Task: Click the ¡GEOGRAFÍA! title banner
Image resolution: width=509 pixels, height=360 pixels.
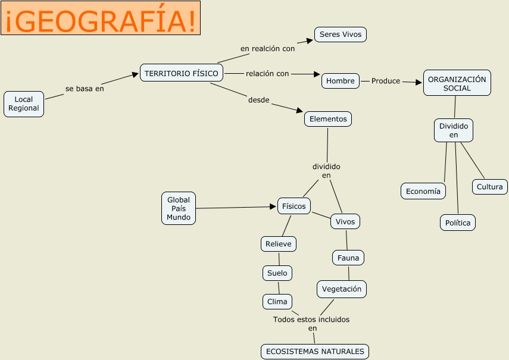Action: tap(100, 18)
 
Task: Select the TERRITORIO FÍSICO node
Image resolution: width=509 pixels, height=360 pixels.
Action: tap(182, 73)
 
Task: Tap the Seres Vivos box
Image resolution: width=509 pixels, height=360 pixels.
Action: tap(341, 35)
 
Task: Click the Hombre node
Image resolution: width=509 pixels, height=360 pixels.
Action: tap(341, 81)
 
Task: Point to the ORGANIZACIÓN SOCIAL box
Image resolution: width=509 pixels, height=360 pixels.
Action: tap(457, 83)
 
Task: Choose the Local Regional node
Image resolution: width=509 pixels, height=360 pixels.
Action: tap(24, 104)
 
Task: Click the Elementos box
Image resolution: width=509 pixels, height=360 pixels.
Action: tap(328, 119)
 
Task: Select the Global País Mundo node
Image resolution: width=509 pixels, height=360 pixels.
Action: tap(179, 209)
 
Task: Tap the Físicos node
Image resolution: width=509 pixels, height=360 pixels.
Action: tap(294, 206)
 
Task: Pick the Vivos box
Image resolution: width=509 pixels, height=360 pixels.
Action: tap(345, 222)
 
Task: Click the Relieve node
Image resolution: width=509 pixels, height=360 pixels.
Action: tap(279, 244)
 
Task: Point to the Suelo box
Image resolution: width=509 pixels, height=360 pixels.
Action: tap(277, 273)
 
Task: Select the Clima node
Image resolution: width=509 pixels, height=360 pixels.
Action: tap(277, 302)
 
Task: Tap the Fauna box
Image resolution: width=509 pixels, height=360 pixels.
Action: tap(348, 258)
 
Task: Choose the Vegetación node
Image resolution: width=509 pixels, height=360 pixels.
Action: tap(342, 289)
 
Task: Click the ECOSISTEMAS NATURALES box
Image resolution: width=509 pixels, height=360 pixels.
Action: tap(315, 352)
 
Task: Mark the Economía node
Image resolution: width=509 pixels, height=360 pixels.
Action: tap(423, 191)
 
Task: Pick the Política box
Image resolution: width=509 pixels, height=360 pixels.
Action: tap(458, 223)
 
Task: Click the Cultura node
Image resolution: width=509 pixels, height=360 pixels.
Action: tap(490, 187)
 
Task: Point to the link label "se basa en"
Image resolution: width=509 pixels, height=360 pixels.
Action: tap(85, 89)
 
